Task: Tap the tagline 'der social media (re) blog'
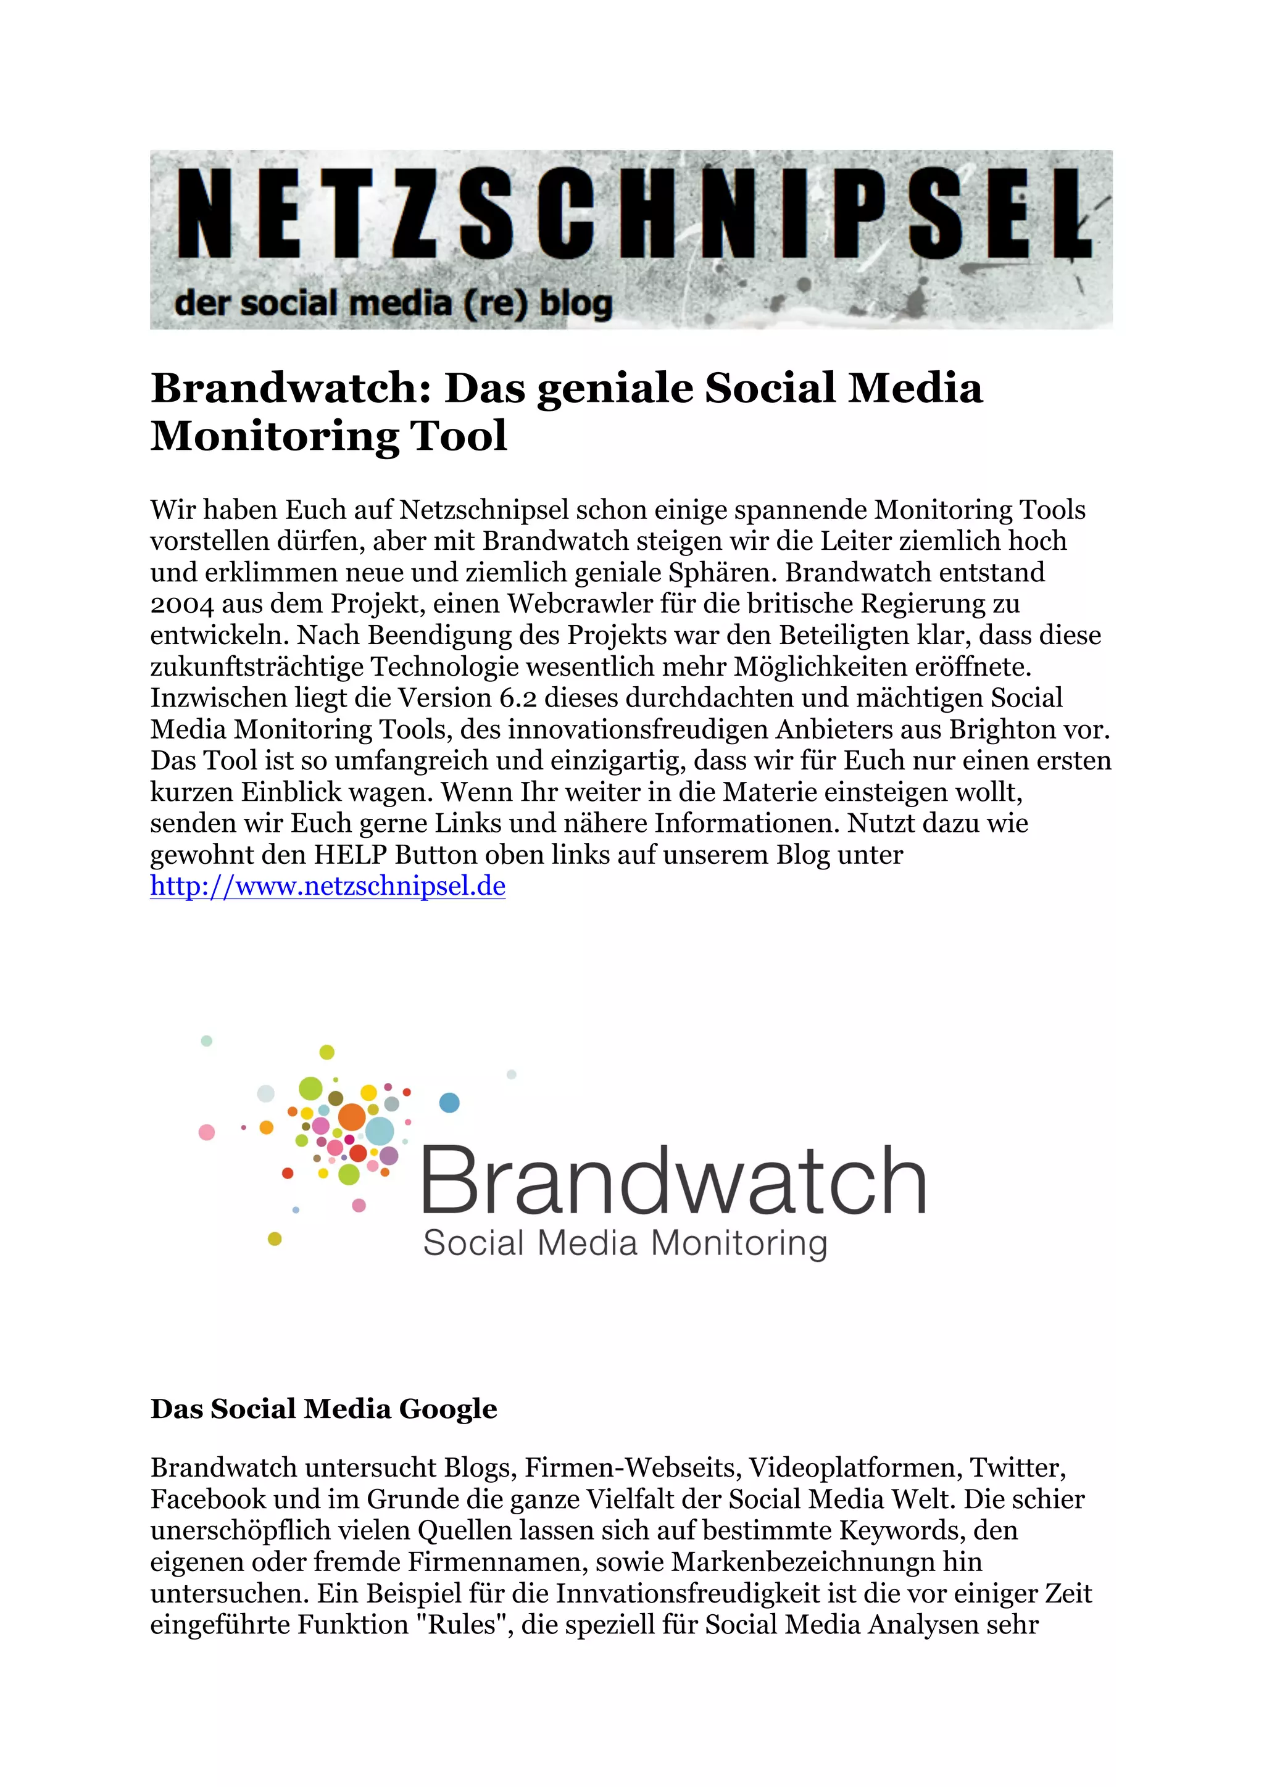[x=393, y=304]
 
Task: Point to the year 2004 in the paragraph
[x=181, y=604]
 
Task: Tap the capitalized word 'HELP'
[x=350, y=855]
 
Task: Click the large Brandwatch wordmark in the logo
[x=673, y=1182]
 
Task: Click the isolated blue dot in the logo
[x=450, y=1102]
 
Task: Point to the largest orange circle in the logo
[x=352, y=1117]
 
